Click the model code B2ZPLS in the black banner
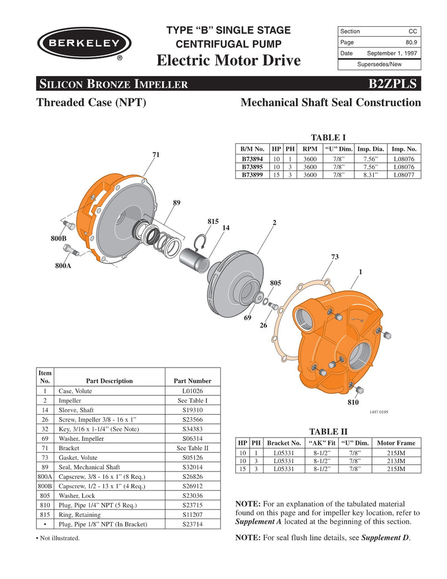(392, 84)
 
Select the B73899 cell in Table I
(252, 175)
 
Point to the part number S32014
(193, 467)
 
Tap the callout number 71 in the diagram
(156, 154)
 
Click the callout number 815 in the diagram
(212, 222)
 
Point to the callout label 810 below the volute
(353, 402)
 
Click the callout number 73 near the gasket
(335, 257)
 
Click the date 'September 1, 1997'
(392, 53)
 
